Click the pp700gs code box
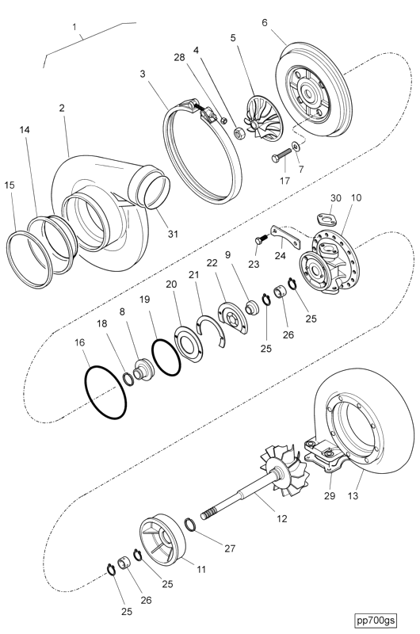pyautogui.click(x=376, y=620)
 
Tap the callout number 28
pyautogui.click(x=179, y=57)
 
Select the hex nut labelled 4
pyautogui.click(x=239, y=132)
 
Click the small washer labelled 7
pyautogui.click(x=296, y=145)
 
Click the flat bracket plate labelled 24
pyautogui.click(x=286, y=237)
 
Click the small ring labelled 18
pyautogui.click(x=129, y=379)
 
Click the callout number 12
pyautogui.click(x=282, y=518)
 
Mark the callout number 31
pyautogui.click(x=173, y=234)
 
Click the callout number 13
pyautogui.click(x=353, y=495)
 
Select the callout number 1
pyautogui.click(x=74, y=27)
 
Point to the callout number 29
pyautogui.click(x=330, y=495)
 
